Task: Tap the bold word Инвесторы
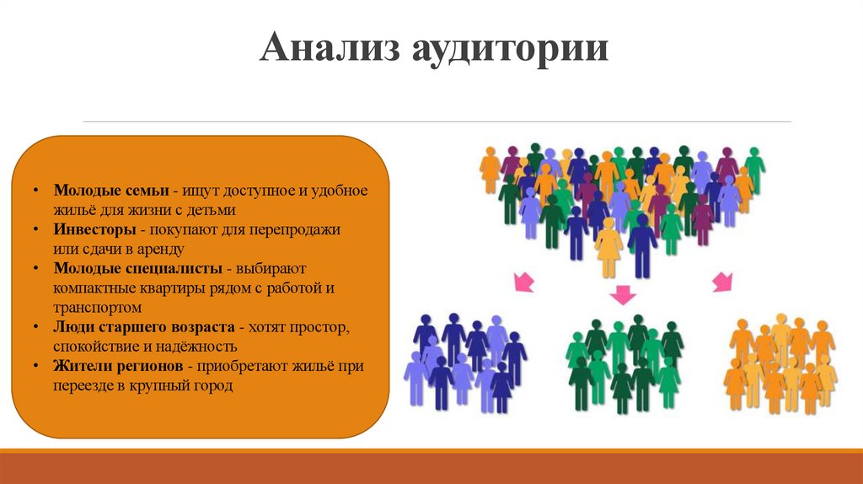[91, 229]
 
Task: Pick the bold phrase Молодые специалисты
[137, 268]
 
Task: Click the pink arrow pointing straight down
[623, 294]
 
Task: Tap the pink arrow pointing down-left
[524, 281]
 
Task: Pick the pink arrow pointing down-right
[722, 281]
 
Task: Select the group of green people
[624, 363]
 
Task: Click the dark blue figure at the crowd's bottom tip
[642, 245]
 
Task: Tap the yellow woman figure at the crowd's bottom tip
[608, 249]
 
